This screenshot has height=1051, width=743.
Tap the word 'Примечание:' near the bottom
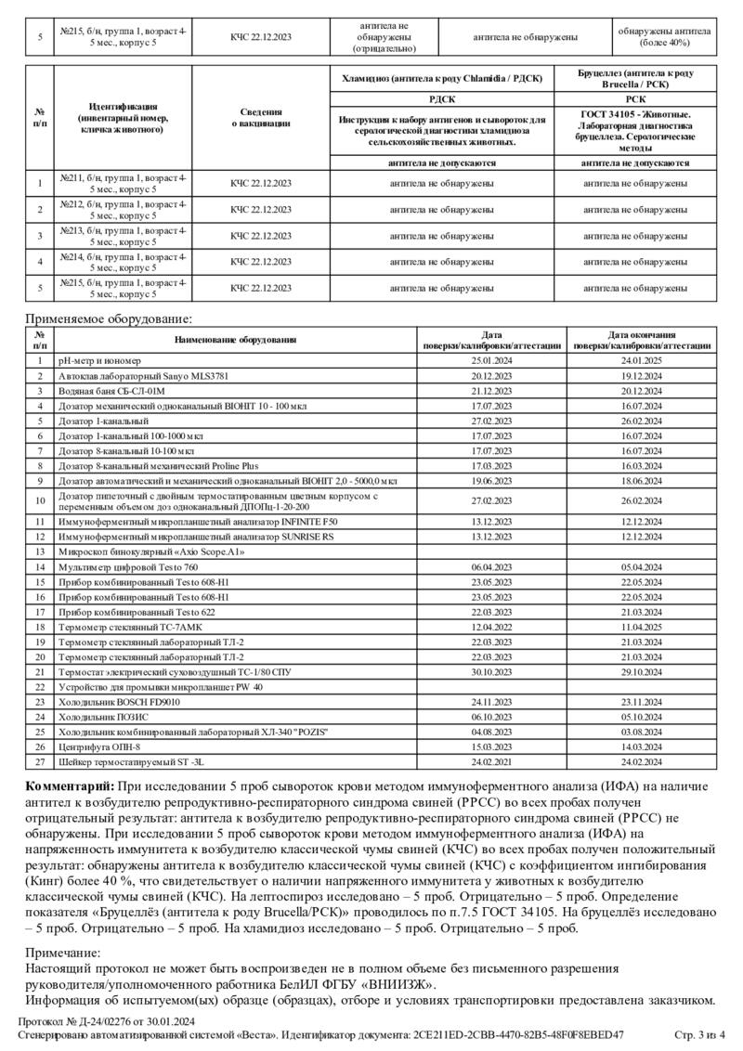pyautogui.click(x=62, y=953)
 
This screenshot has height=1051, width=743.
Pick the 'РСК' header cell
pyautogui.click(x=635, y=97)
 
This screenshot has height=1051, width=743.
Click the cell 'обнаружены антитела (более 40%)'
pyautogui.click(x=663, y=37)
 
